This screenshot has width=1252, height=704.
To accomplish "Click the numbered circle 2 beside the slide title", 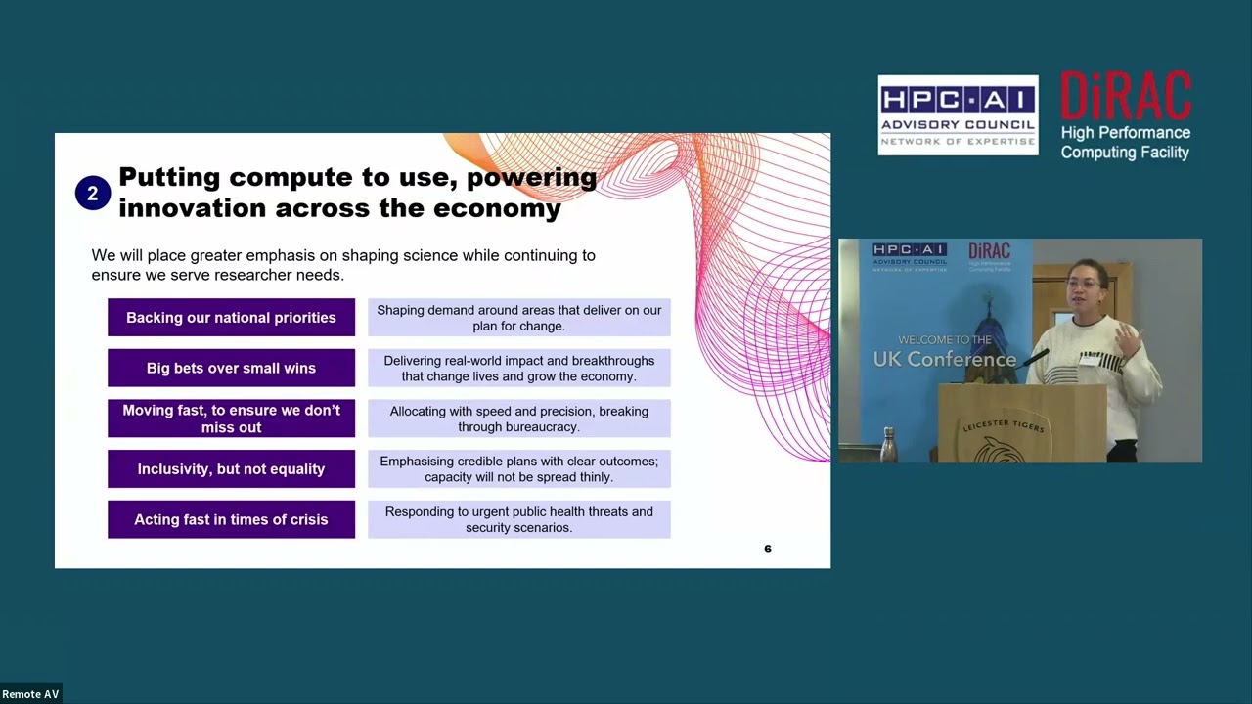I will [x=92, y=194].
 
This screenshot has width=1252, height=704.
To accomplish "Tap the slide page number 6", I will [x=768, y=550].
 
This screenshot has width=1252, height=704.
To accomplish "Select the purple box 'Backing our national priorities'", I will [x=231, y=318].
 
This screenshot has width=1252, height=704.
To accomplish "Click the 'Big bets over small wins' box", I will [x=231, y=369].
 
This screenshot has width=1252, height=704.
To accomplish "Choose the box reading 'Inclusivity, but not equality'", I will [x=231, y=469].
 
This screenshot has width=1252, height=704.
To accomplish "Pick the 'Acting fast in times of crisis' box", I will [x=231, y=520].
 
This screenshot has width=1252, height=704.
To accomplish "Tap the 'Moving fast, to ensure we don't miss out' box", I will [x=231, y=418].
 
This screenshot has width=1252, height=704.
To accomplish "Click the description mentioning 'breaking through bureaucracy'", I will [x=519, y=418].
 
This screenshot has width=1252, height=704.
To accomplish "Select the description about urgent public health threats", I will [x=519, y=519].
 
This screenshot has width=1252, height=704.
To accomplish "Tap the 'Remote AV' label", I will [x=31, y=694].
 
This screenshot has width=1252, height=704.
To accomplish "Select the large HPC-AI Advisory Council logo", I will [x=958, y=115].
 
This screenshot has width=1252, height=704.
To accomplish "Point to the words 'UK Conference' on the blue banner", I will [x=945, y=360].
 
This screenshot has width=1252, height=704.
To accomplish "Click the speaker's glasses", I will [x=1083, y=284].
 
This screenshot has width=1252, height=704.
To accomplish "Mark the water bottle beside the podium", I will [x=888, y=445].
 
